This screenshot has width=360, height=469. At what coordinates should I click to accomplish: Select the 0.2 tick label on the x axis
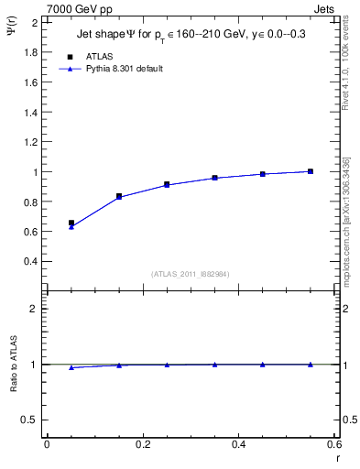[143, 444]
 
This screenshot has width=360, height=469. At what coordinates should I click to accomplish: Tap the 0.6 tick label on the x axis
[334, 444]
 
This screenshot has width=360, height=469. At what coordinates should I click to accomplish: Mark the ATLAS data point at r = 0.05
[71, 223]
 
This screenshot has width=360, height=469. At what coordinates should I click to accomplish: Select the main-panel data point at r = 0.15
[119, 196]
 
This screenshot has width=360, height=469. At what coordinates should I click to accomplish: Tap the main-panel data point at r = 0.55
[311, 171]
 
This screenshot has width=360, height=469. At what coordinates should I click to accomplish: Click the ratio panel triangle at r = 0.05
[71, 367]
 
